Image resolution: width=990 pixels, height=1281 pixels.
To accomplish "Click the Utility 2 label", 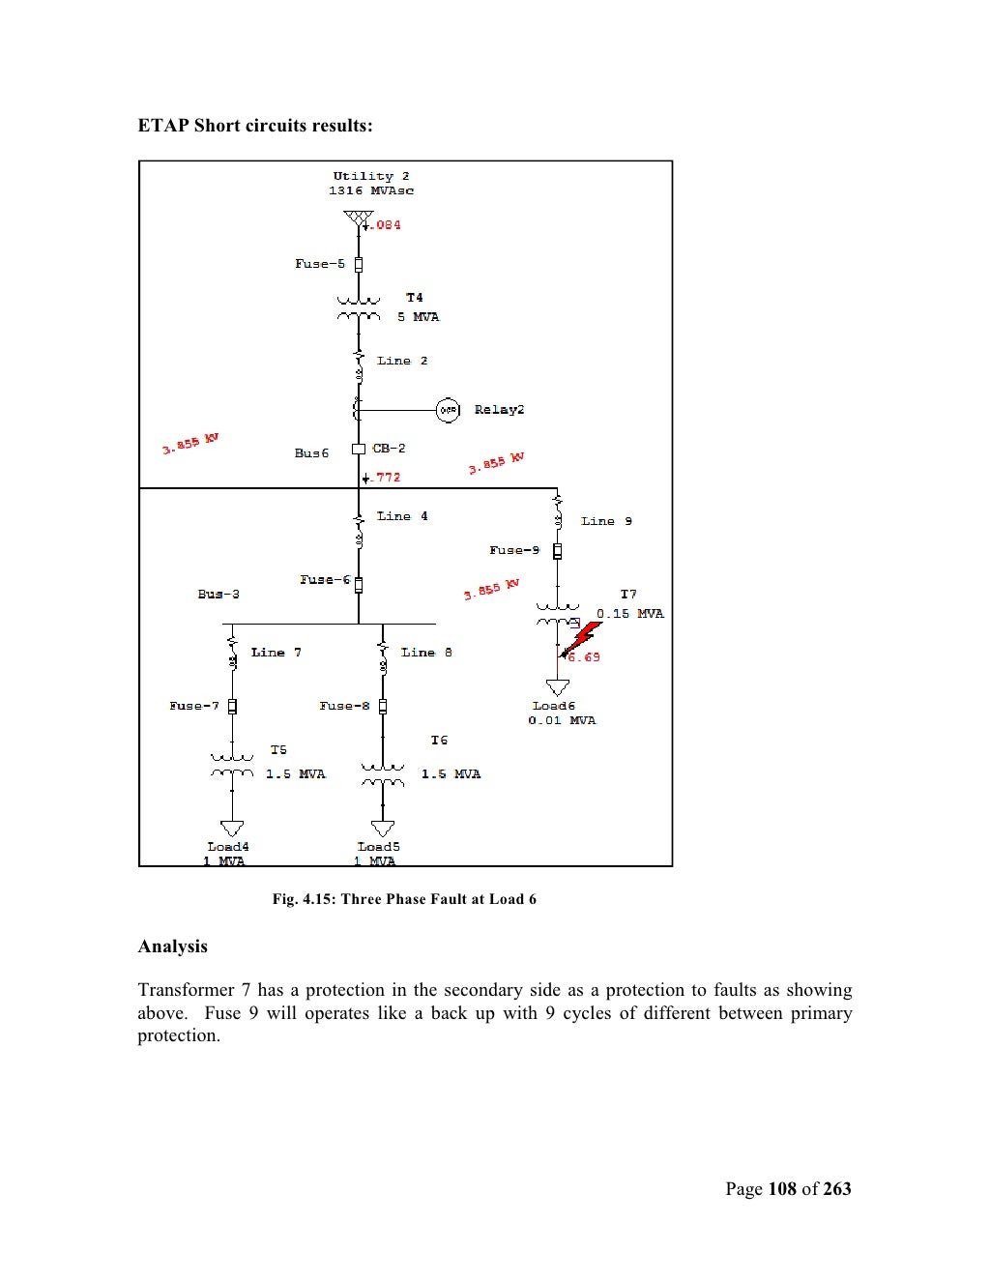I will point(371,176).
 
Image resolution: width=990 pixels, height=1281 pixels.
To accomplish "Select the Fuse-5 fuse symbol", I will point(359,264).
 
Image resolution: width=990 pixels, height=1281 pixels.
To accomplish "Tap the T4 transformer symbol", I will point(359,307).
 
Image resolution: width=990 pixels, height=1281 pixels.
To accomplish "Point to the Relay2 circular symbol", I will point(448,410).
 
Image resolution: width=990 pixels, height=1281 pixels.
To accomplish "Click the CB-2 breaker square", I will point(359,449).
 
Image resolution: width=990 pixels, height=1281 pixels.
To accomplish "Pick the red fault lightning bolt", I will point(582,638).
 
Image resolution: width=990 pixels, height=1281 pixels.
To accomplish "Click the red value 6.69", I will point(584,657).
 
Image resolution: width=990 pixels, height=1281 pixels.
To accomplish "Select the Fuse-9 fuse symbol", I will point(558,551).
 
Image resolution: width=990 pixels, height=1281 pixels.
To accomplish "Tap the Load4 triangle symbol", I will point(232,829).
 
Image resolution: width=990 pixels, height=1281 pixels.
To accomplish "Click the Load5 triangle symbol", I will point(383,829).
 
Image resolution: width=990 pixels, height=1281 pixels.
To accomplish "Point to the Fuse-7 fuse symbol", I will point(232,707).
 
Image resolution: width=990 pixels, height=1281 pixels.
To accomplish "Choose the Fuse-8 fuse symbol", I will point(383,707).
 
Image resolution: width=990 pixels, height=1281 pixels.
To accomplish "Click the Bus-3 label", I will point(218,594).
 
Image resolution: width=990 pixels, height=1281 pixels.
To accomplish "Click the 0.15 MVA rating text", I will point(630,614).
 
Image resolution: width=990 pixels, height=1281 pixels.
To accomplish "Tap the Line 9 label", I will point(606,521).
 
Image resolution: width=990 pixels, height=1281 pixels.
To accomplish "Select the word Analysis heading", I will point(173,946).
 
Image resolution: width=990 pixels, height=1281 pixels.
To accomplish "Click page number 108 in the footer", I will point(782,1189).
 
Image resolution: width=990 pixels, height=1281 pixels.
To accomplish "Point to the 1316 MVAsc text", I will point(371,190).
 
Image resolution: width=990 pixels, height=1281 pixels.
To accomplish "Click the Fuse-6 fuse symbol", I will point(359,585).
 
